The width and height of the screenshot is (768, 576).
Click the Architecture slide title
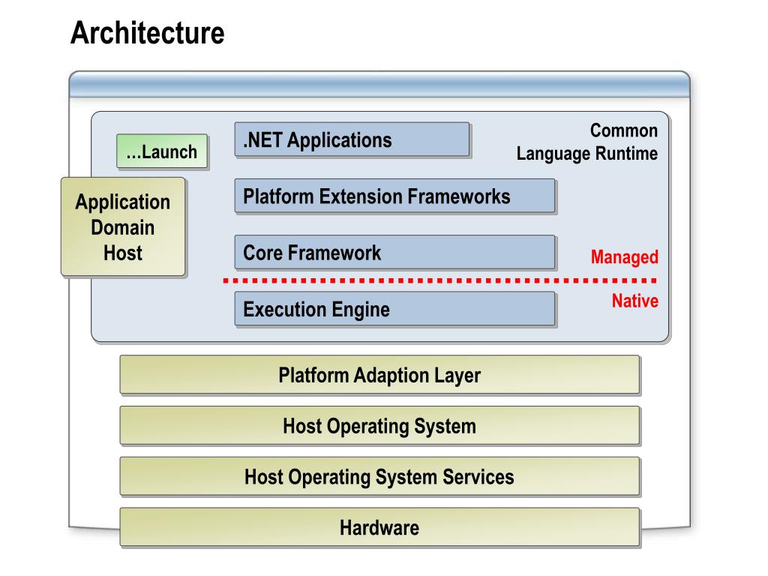point(148,33)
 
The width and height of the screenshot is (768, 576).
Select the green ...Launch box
point(162,151)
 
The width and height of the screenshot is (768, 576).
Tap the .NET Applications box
point(352,139)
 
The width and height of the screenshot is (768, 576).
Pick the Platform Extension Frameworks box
point(394,196)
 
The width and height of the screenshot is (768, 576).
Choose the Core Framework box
point(394,252)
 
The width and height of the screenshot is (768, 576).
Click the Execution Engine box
point(394,309)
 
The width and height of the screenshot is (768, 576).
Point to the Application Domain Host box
point(123,226)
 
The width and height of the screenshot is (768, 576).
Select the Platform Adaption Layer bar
point(379,375)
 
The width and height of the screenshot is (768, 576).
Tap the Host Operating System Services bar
point(379,476)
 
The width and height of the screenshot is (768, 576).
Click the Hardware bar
point(379,527)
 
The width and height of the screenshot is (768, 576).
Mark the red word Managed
point(625,257)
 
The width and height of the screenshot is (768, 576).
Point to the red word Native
point(635,301)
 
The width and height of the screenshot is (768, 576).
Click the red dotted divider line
point(439,280)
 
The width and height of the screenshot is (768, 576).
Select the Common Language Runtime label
point(587,142)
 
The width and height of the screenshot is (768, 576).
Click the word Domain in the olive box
point(123,227)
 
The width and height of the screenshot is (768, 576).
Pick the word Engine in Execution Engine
point(361,310)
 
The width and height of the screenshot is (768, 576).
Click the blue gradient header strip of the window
point(379,84)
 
